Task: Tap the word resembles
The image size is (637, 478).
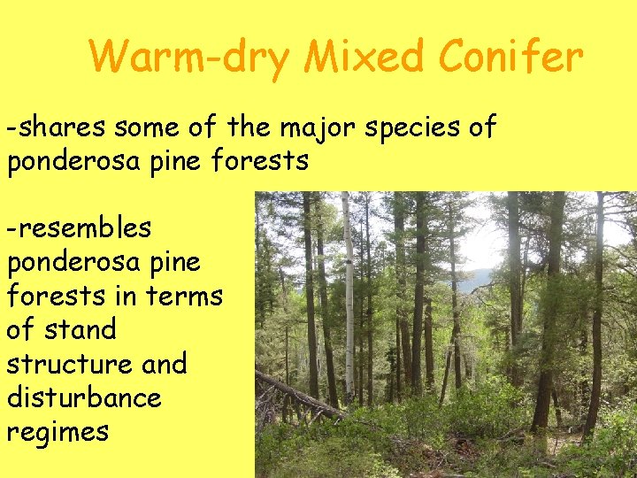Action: [x=80, y=228]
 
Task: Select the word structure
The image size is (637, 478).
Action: [x=61, y=364]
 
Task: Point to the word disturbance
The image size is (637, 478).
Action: [x=84, y=397]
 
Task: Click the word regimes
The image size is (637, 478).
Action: [x=58, y=433]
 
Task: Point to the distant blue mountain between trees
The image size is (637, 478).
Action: [x=478, y=280]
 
